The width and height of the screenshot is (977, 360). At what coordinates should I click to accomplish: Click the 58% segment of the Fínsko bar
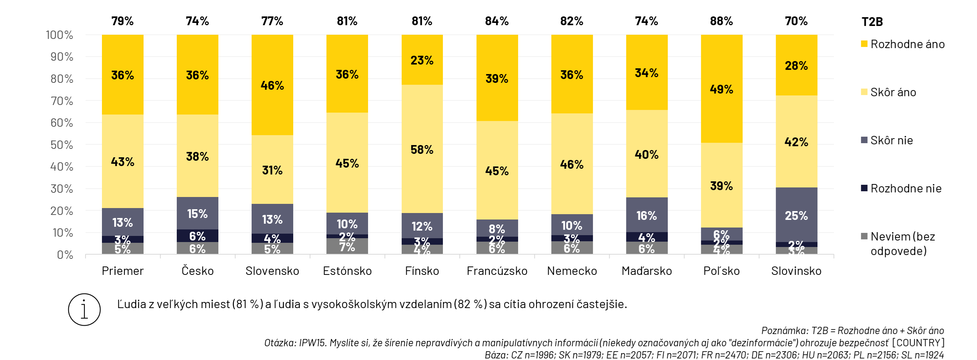[x=422, y=149]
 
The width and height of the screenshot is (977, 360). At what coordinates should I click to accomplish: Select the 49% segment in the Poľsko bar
[x=721, y=89]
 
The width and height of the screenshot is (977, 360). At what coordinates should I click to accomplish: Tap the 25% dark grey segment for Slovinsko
[x=796, y=215]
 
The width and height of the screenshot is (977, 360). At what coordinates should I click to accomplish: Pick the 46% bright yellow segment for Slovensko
[x=272, y=85]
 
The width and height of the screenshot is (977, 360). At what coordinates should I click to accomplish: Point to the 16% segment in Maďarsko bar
[x=646, y=215]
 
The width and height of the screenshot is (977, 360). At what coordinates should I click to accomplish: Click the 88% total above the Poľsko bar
[x=721, y=21]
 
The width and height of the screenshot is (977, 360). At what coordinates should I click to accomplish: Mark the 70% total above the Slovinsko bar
[x=796, y=21]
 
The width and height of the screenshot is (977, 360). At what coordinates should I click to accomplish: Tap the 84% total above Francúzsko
[x=497, y=21]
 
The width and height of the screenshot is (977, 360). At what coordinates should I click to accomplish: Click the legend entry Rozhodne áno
[x=907, y=44]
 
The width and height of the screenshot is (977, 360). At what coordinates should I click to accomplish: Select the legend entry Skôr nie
[x=891, y=140]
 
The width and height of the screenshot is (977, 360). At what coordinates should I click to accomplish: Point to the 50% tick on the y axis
[x=62, y=145]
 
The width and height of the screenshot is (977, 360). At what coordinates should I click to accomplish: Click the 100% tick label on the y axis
[x=60, y=35]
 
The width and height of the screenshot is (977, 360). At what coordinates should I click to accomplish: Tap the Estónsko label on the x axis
[x=347, y=271]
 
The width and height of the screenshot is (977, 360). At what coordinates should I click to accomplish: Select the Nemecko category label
[x=572, y=271]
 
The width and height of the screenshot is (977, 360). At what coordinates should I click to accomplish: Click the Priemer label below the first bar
[x=123, y=271]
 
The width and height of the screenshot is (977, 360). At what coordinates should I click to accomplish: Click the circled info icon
[x=84, y=310]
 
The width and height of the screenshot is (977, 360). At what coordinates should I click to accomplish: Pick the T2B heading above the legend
[x=872, y=22]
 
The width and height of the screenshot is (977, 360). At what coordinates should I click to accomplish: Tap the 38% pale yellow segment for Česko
[x=197, y=156]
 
